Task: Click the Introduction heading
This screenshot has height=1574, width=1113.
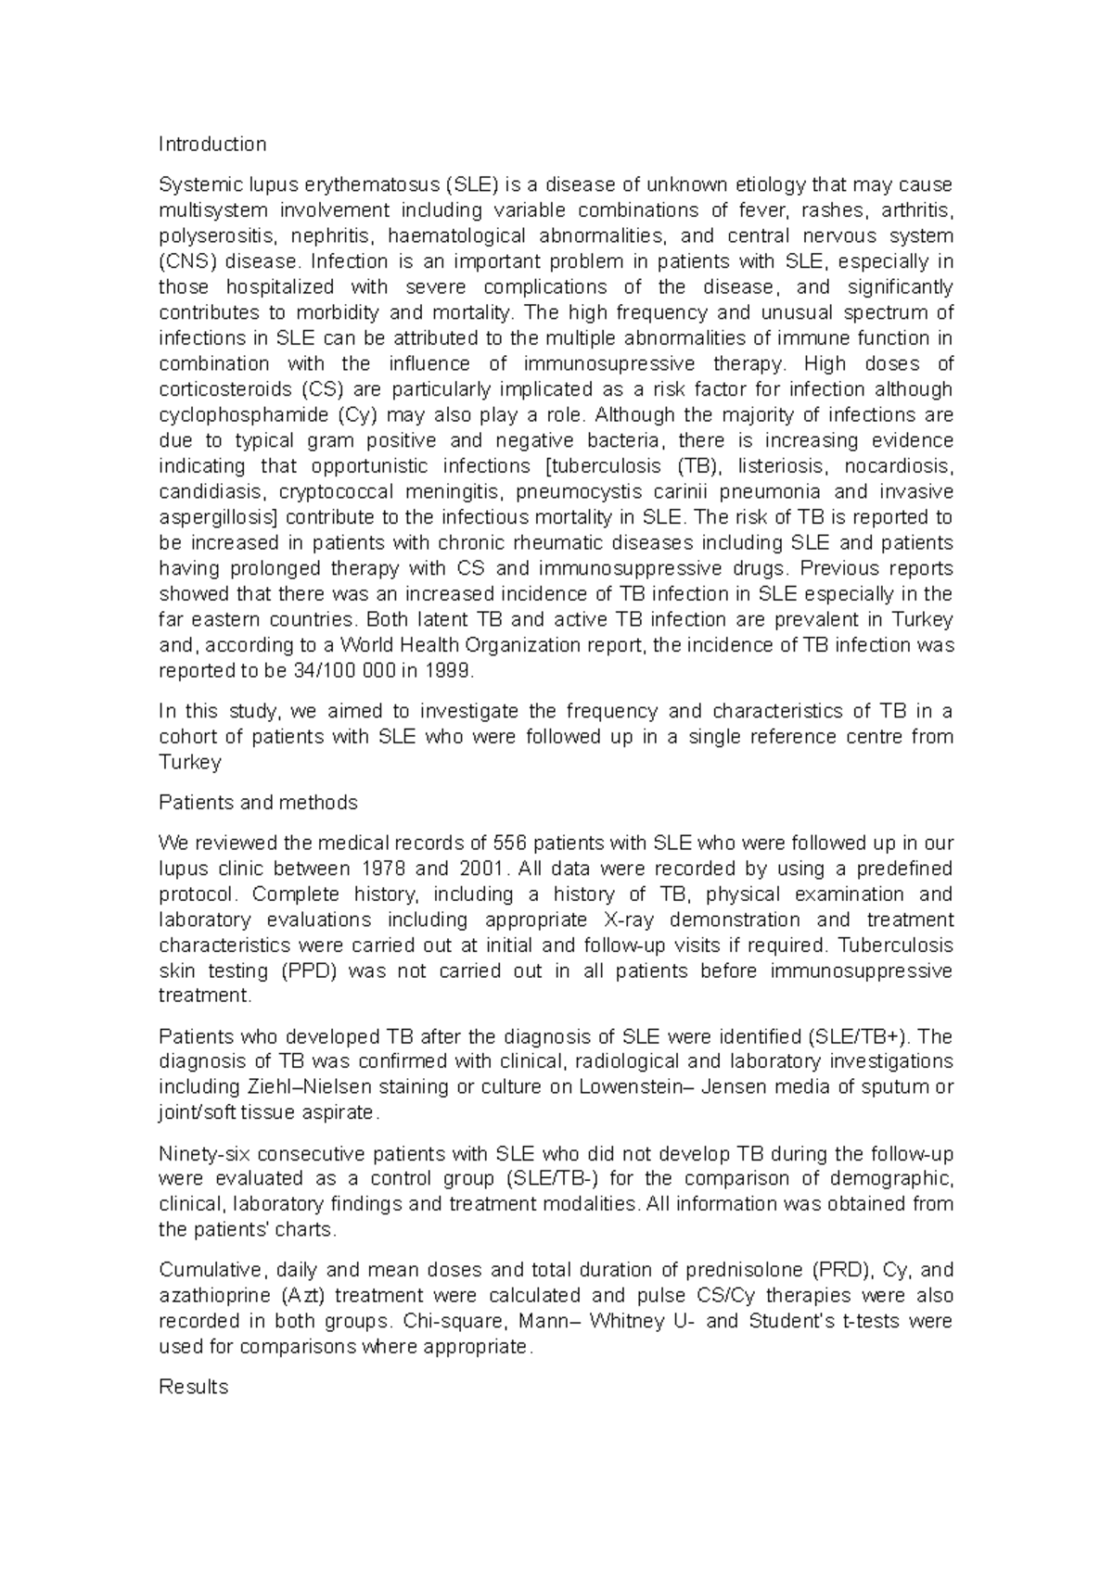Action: [x=212, y=144]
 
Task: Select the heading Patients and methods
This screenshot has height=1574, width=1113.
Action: [x=258, y=802]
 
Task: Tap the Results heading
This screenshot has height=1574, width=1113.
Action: [x=193, y=1387]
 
